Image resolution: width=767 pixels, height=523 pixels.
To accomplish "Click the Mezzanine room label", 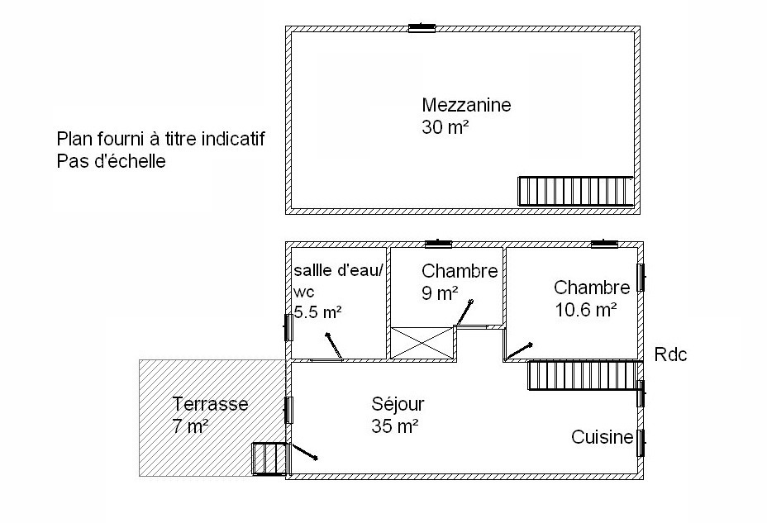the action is point(466,105).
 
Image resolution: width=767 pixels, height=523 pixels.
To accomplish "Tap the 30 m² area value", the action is point(445,127).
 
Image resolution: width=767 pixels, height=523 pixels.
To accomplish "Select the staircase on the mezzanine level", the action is point(576,191).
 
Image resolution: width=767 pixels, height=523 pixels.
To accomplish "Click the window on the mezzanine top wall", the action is point(422,28).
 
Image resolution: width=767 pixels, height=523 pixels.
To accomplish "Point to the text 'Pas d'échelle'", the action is point(111,161).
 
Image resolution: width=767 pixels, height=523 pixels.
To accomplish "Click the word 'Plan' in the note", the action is point(75,139).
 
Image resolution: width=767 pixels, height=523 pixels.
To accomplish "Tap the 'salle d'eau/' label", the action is point(338,270).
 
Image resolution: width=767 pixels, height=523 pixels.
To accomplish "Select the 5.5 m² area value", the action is point(318,311).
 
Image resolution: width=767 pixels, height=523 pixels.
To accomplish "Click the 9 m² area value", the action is point(440,293).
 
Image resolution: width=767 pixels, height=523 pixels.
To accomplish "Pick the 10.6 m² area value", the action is point(585,309).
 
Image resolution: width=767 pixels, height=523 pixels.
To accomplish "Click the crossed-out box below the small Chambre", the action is point(422,343).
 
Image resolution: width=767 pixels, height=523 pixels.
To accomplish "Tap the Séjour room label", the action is point(398,404).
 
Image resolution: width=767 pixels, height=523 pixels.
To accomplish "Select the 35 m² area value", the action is point(395,426).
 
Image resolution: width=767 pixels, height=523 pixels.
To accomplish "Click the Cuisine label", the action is point(603,437).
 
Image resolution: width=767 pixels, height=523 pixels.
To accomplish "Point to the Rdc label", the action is point(670,354).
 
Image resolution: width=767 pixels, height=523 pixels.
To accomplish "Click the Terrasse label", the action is point(210,404).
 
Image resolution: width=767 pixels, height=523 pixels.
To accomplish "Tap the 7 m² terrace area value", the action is point(190,426).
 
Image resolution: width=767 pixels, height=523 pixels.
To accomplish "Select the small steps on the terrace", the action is point(269,459).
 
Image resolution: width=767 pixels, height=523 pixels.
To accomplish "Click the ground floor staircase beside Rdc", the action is point(584,375).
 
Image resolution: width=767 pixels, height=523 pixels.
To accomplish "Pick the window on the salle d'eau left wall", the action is point(288,327).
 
